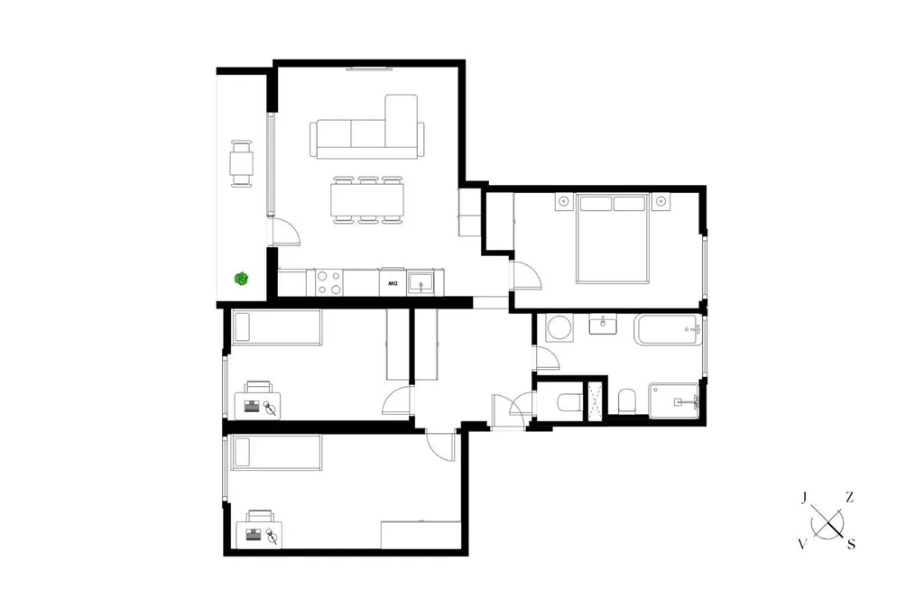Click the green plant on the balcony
click(241, 279)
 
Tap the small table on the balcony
click(242, 164)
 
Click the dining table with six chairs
click(368, 200)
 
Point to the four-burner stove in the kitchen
click(328, 282)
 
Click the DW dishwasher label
click(393, 284)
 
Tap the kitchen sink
click(420, 283)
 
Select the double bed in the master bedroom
click(613, 238)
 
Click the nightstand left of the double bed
click(564, 201)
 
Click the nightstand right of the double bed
click(661, 201)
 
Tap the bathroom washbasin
click(603, 324)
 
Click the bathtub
click(668, 330)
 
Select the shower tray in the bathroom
click(674, 401)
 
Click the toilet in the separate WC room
click(568, 402)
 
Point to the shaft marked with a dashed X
click(596, 401)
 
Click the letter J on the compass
click(804, 499)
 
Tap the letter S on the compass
click(851, 545)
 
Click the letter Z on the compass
click(849, 498)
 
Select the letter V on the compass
click(802, 545)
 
